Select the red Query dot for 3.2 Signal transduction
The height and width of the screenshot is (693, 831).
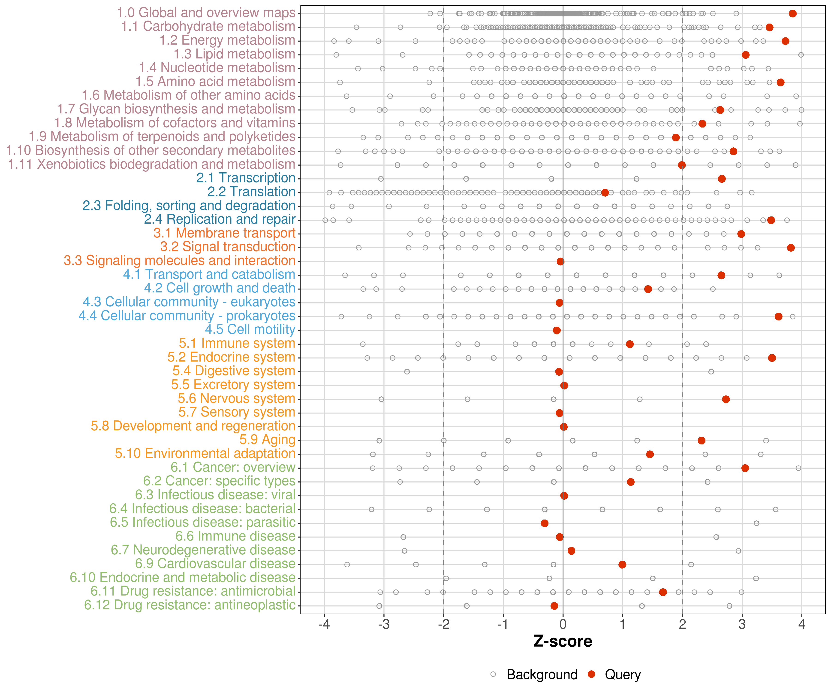pyautogui.click(x=791, y=247)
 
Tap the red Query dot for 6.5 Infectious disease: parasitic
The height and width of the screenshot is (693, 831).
pyautogui.click(x=545, y=523)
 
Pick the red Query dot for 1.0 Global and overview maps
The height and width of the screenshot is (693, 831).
pyautogui.click(x=793, y=13)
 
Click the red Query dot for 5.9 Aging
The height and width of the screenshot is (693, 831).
pyautogui.click(x=702, y=440)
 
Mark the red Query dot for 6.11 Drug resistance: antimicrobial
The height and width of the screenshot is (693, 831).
pyautogui.click(x=663, y=592)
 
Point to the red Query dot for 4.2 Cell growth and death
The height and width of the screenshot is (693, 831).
pyautogui.click(x=648, y=289)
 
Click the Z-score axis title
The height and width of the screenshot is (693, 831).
pyautogui.click(x=563, y=641)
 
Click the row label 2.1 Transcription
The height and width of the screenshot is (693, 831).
pyautogui.click(x=246, y=178)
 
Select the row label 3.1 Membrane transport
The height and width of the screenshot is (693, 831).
pyautogui.click(x=224, y=233)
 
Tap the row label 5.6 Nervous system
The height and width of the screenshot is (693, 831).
pyautogui.click(x=236, y=398)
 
